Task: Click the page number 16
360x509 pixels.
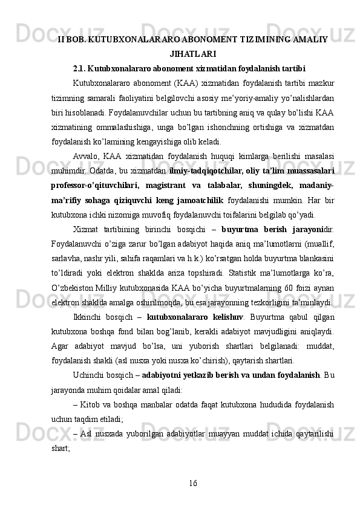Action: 192,482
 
